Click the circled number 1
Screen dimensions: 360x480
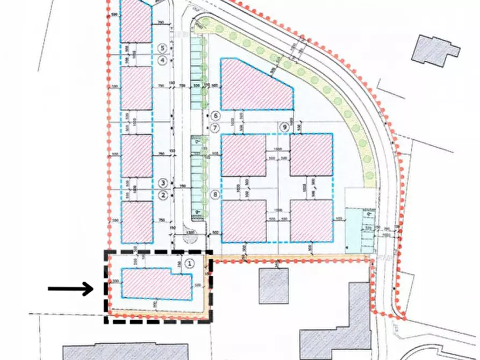pyautogui.click(x=189, y=263)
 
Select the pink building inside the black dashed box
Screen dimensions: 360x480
pyautogui.click(x=156, y=283)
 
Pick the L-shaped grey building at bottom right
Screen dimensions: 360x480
pyautogui.click(x=339, y=322)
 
